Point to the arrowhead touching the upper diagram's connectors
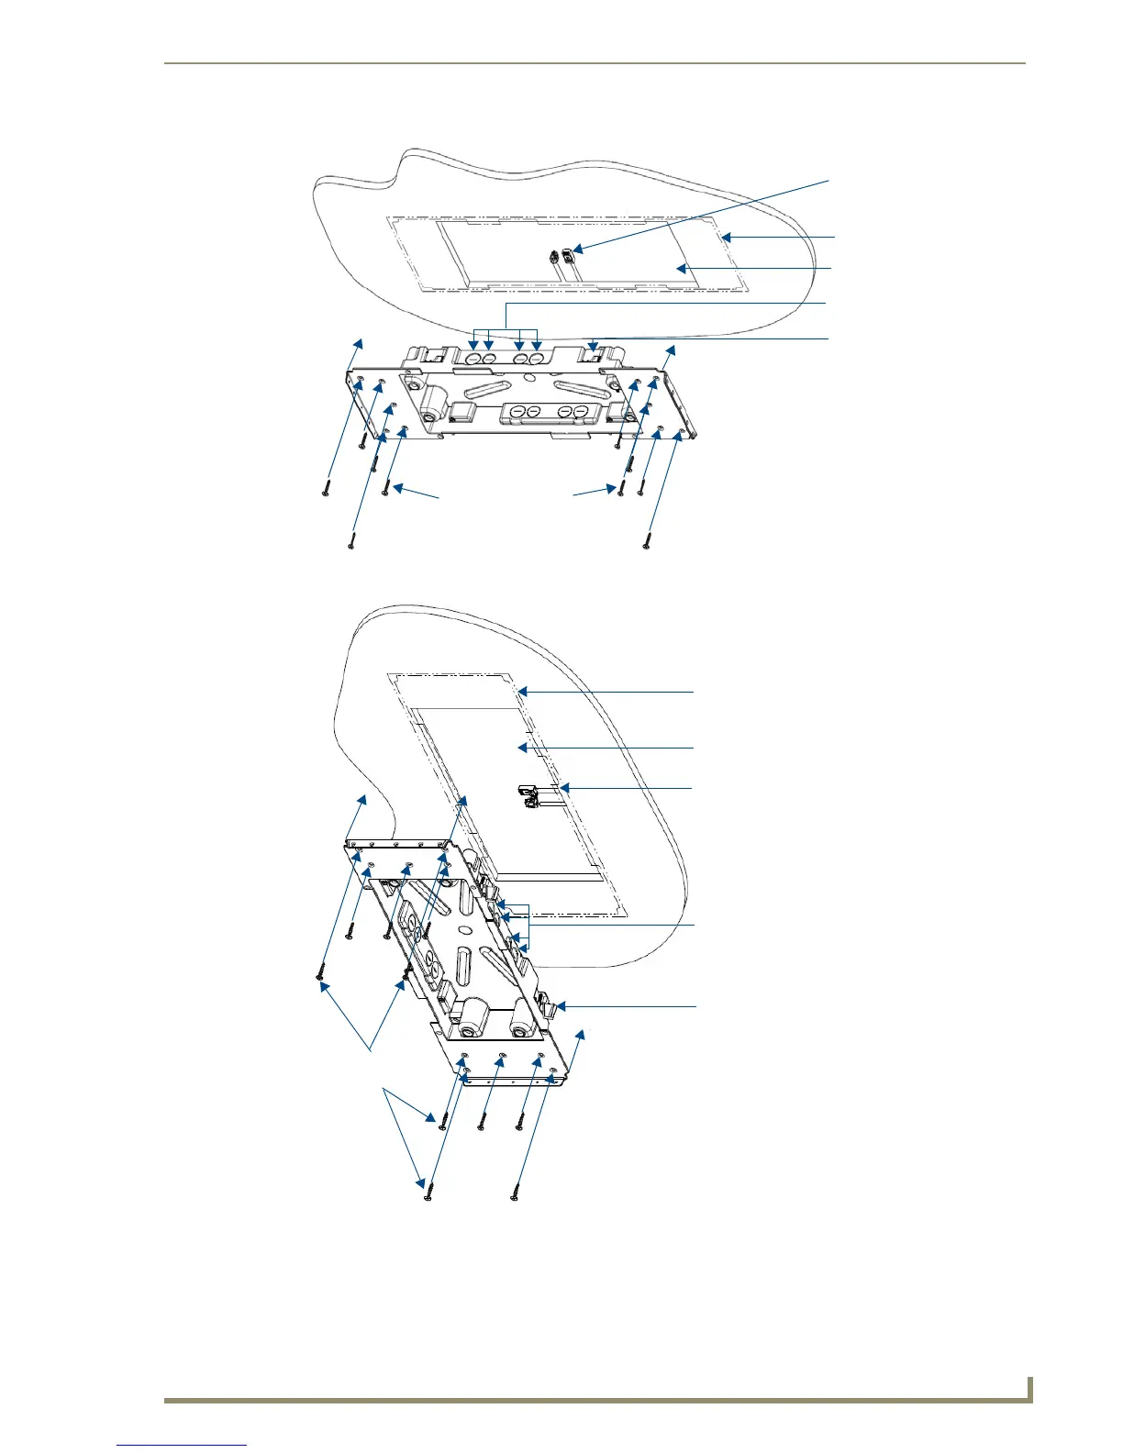pos(579,249)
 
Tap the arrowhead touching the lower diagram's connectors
pos(563,787)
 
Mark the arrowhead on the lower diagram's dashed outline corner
pos(520,691)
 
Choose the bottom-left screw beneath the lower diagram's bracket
pos(428,1197)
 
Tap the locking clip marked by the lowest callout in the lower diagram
pos(556,1007)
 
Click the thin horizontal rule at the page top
pos(595,63)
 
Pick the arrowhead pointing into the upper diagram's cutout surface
pos(679,268)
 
